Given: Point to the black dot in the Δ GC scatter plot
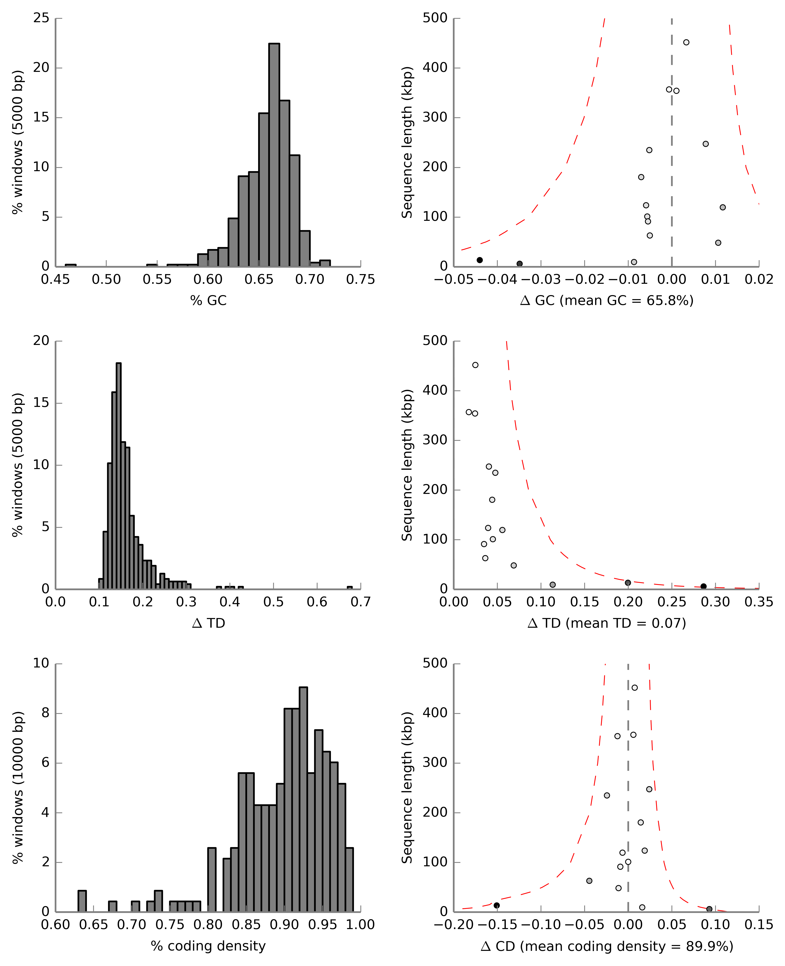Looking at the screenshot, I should pyautogui.click(x=480, y=260).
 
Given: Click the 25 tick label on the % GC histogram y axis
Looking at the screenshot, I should pyautogui.click(x=41, y=18).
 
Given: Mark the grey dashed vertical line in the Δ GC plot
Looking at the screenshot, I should pyautogui.click(x=672, y=136).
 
